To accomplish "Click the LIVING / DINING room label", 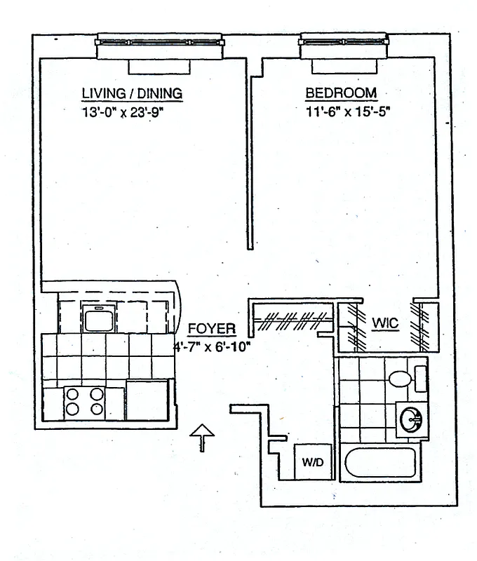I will pos(132,93).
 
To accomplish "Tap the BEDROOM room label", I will pos(341,93).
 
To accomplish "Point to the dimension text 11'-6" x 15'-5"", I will pos(347,111).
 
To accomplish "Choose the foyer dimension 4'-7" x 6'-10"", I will pos(213,346).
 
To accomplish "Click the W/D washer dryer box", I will pos(311,462).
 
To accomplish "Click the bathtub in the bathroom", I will pos(382,464).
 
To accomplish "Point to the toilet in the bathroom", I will pos(401,379).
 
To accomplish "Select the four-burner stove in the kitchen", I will pos(84,403).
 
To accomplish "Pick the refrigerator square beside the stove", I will pos(147,400).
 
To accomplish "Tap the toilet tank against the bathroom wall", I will pos(419,378).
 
